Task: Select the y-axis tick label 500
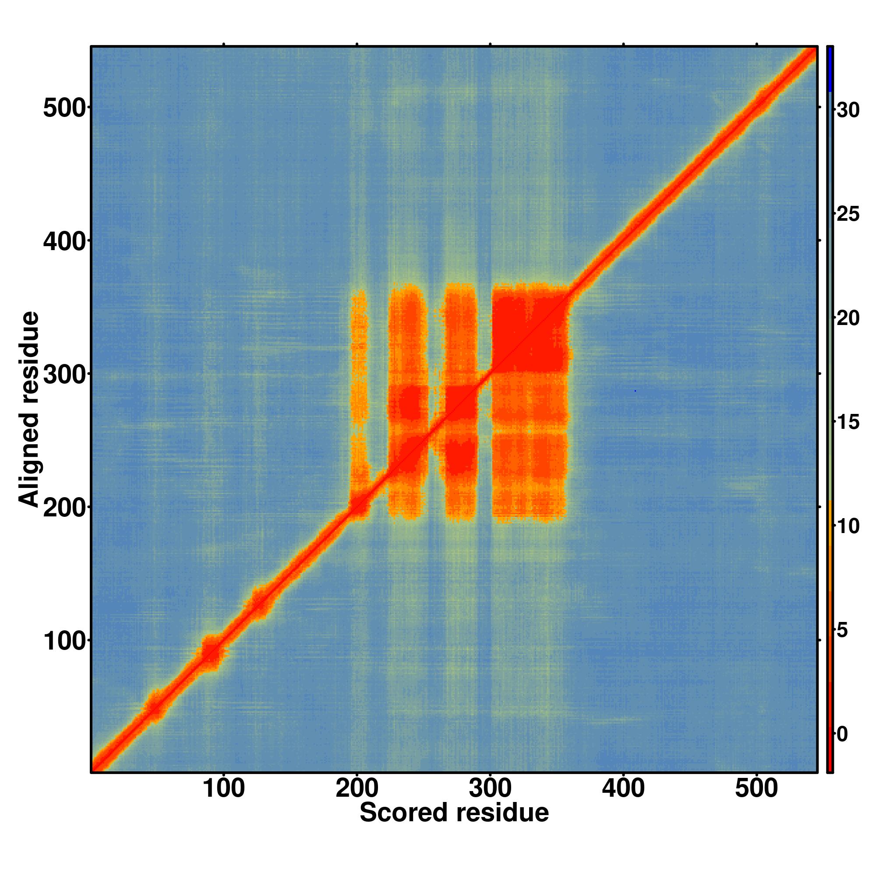(64, 109)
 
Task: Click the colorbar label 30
(848, 110)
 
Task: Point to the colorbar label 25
(848, 214)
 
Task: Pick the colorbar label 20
(848, 318)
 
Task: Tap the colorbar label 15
(848, 423)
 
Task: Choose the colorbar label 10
(848, 526)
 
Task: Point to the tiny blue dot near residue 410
(635, 391)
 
